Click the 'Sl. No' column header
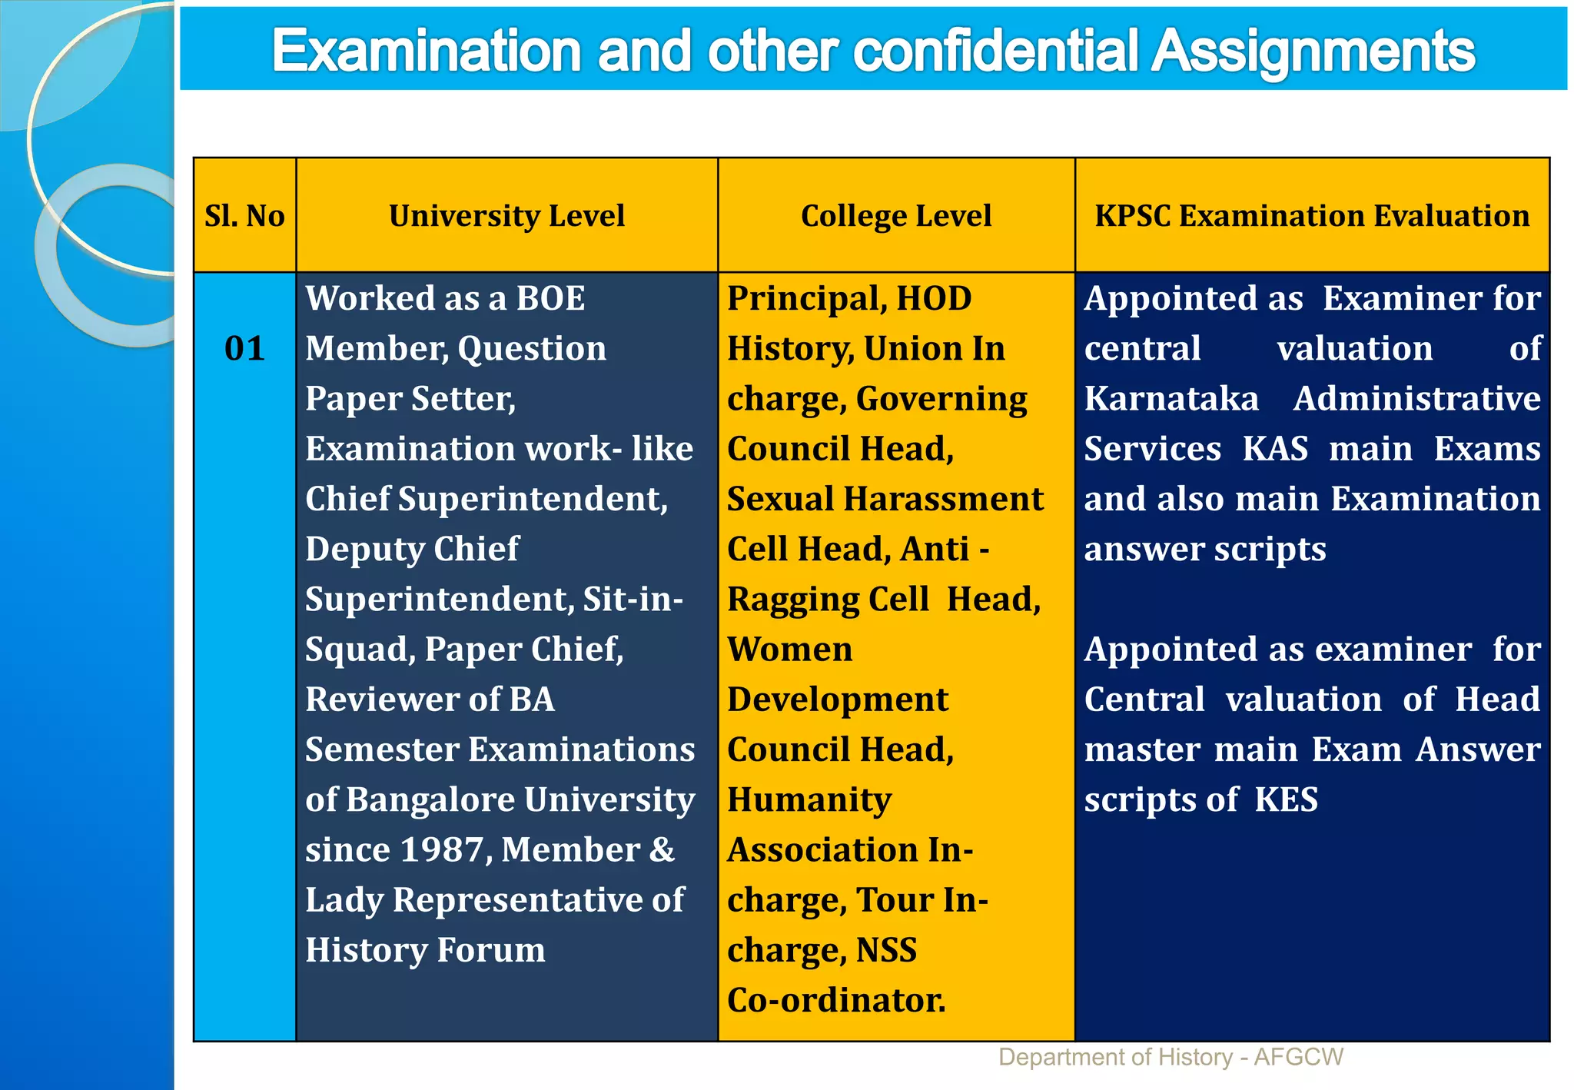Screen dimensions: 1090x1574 244,216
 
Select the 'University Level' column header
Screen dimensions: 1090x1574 506,216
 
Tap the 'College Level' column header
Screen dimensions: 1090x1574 896,216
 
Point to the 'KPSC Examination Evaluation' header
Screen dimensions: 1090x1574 1312,216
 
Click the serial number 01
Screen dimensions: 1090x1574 244,348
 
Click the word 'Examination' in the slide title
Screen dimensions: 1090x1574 426,51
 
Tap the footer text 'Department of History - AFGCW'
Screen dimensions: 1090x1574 1171,1057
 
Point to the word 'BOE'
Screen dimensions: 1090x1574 550,298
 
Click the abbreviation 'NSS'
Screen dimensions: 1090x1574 886,950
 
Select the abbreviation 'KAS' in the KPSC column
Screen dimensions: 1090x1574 1275,449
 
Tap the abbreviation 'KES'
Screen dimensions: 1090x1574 1286,799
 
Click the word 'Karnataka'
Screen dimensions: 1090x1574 1171,399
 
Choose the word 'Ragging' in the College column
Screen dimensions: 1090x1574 793,600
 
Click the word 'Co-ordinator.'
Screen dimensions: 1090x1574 836,1000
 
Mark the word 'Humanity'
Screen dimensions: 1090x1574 809,799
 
